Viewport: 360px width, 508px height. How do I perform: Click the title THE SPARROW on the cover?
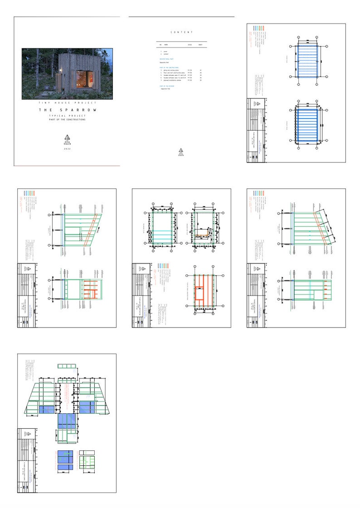tap(67, 110)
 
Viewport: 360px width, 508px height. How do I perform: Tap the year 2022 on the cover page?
tap(67, 149)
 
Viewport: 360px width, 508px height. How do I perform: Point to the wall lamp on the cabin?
tap(61, 69)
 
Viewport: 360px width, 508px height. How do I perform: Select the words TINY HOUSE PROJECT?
tap(67, 104)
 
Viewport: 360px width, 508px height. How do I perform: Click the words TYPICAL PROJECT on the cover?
tap(67, 116)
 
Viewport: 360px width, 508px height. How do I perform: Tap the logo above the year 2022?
tap(67, 138)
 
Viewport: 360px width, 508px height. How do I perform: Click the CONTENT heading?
tap(181, 33)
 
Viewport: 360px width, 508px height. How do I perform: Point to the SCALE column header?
tap(190, 45)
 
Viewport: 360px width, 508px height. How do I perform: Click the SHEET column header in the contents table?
tap(200, 45)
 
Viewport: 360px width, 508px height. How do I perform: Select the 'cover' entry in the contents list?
tap(165, 52)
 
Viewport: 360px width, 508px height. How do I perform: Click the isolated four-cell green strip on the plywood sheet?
tap(68, 366)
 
